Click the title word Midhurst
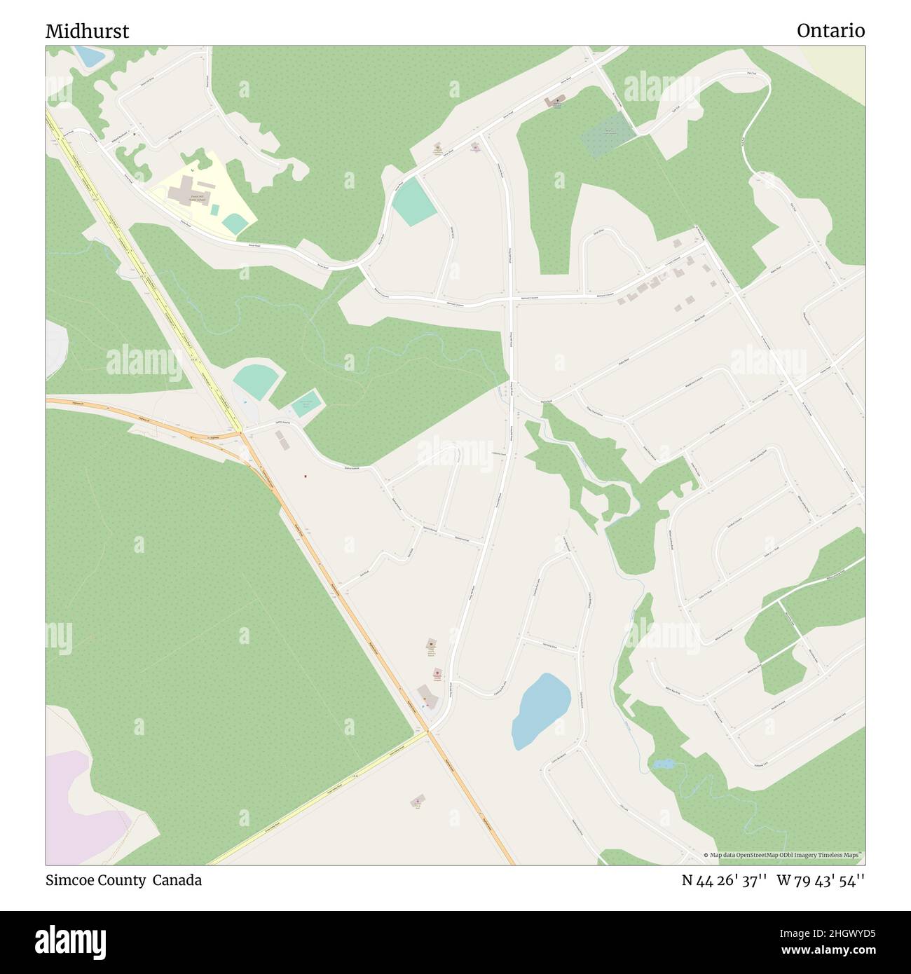[x=87, y=31]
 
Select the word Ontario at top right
[x=830, y=31]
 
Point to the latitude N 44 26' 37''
[x=725, y=880]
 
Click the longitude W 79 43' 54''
[x=821, y=880]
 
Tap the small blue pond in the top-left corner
[x=88, y=56]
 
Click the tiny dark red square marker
[x=306, y=477]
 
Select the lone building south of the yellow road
[x=418, y=800]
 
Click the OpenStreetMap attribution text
[x=784, y=855]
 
